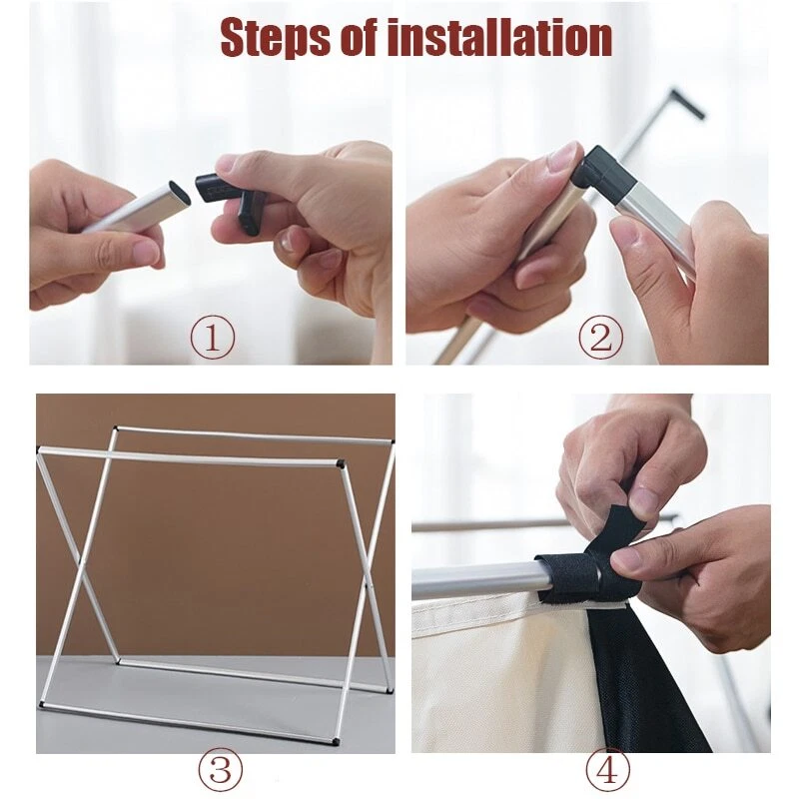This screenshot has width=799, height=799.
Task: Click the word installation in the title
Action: [499, 37]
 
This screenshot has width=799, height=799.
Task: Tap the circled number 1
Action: [213, 339]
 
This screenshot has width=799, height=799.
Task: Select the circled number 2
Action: [600, 339]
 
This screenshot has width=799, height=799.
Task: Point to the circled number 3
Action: [220, 769]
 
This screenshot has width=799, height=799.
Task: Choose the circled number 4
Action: [607, 769]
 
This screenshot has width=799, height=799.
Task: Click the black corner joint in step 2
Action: [601, 171]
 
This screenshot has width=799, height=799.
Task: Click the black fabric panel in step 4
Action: [647, 683]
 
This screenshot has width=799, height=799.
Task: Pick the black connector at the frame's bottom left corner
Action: [41, 705]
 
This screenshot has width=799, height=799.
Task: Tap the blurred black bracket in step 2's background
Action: [688, 104]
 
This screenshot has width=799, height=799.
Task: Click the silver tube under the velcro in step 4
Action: [473, 578]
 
